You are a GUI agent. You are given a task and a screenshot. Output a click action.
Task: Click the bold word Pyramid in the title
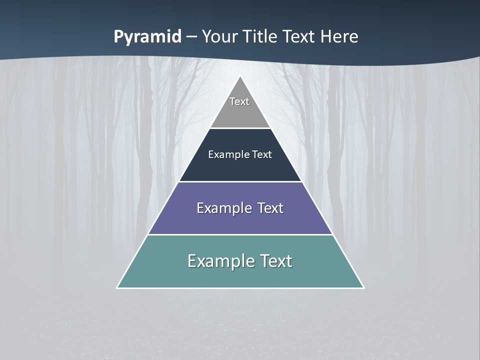(x=147, y=37)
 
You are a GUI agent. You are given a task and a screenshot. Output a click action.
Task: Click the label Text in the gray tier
(x=239, y=101)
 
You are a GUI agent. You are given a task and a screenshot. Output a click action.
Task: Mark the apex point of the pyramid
(x=240, y=76)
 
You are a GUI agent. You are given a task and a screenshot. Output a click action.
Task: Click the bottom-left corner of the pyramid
(x=117, y=287)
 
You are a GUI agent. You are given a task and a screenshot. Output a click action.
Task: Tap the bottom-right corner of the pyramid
(x=363, y=287)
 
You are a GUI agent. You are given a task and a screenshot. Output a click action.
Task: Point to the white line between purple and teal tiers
(x=240, y=234)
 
